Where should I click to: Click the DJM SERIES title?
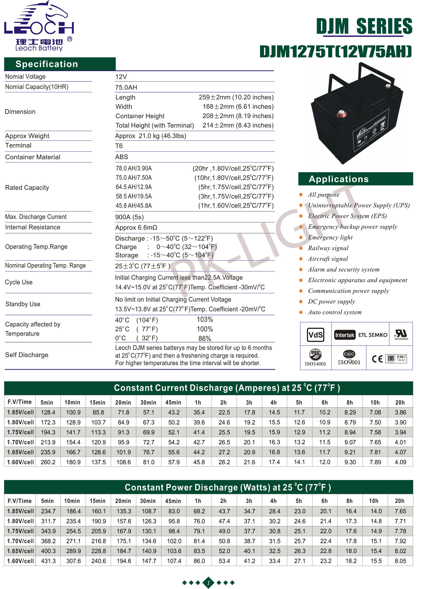tap(364, 26)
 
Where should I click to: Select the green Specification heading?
tap(47, 64)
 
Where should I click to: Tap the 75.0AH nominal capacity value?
tap(126, 87)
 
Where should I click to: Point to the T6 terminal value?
tap(119, 146)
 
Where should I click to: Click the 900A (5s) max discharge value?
tap(129, 217)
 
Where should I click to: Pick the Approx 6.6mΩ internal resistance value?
tap(136, 227)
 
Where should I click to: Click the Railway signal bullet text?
tap(328, 248)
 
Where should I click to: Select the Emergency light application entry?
tap(330, 238)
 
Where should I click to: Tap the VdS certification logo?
tap(316, 335)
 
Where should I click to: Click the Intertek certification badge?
tap(345, 335)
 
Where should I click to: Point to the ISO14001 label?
tap(315, 364)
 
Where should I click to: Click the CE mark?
tap(377, 359)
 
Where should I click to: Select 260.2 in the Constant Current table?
tap(48, 462)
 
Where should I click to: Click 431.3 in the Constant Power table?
tap(48, 561)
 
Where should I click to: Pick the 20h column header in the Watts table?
tap(399, 501)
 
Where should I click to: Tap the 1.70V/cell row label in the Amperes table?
tap(20, 442)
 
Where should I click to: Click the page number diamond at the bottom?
tap(208, 583)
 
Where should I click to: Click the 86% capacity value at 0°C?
tap(205, 339)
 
